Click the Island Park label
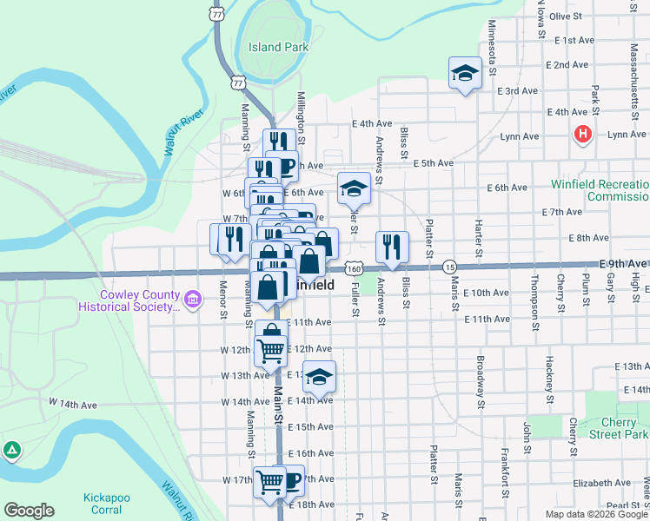(279, 46)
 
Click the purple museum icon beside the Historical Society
(193, 301)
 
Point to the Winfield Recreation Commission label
(600, 190)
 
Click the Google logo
(29, 511)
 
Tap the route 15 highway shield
(448, 266)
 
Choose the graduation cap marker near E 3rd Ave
(465, 72)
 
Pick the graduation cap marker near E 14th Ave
(320, 377)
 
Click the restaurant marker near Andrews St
(393, 247)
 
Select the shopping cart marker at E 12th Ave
(271, 350)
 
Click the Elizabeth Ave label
(594, 482)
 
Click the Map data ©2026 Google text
(595, 514)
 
